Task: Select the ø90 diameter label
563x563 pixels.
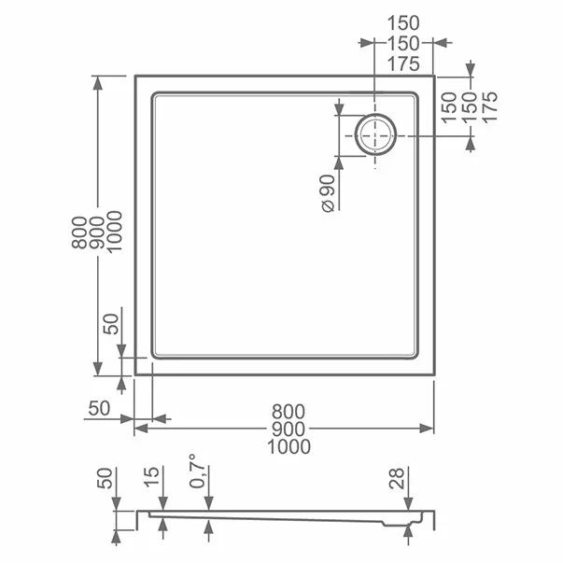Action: [328, 193]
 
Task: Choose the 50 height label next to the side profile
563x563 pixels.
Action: [106, 481]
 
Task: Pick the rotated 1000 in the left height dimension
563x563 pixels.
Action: [115, 229]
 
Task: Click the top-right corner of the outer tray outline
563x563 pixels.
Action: [435, 77]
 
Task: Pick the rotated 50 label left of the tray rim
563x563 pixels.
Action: [111, 324]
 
